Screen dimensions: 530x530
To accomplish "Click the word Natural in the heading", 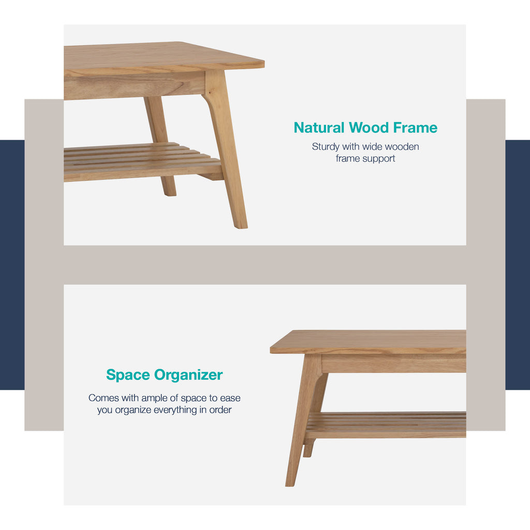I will tap(319, 127).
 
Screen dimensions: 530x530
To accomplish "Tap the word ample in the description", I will tap(155, 398).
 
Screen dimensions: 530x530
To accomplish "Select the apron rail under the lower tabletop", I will tap(393, 363).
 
